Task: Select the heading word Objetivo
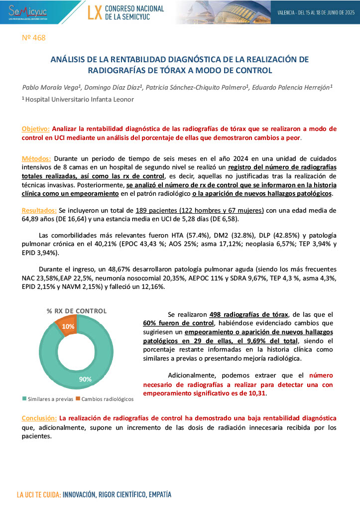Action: point(35,128)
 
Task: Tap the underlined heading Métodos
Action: point(36,158)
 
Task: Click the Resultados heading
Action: point(40,210)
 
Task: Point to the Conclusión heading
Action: point(39,417)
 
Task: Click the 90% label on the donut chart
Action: point(85,379)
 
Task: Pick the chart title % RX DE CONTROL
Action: point(77,311)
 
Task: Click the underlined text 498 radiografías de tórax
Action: point(249,315)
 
